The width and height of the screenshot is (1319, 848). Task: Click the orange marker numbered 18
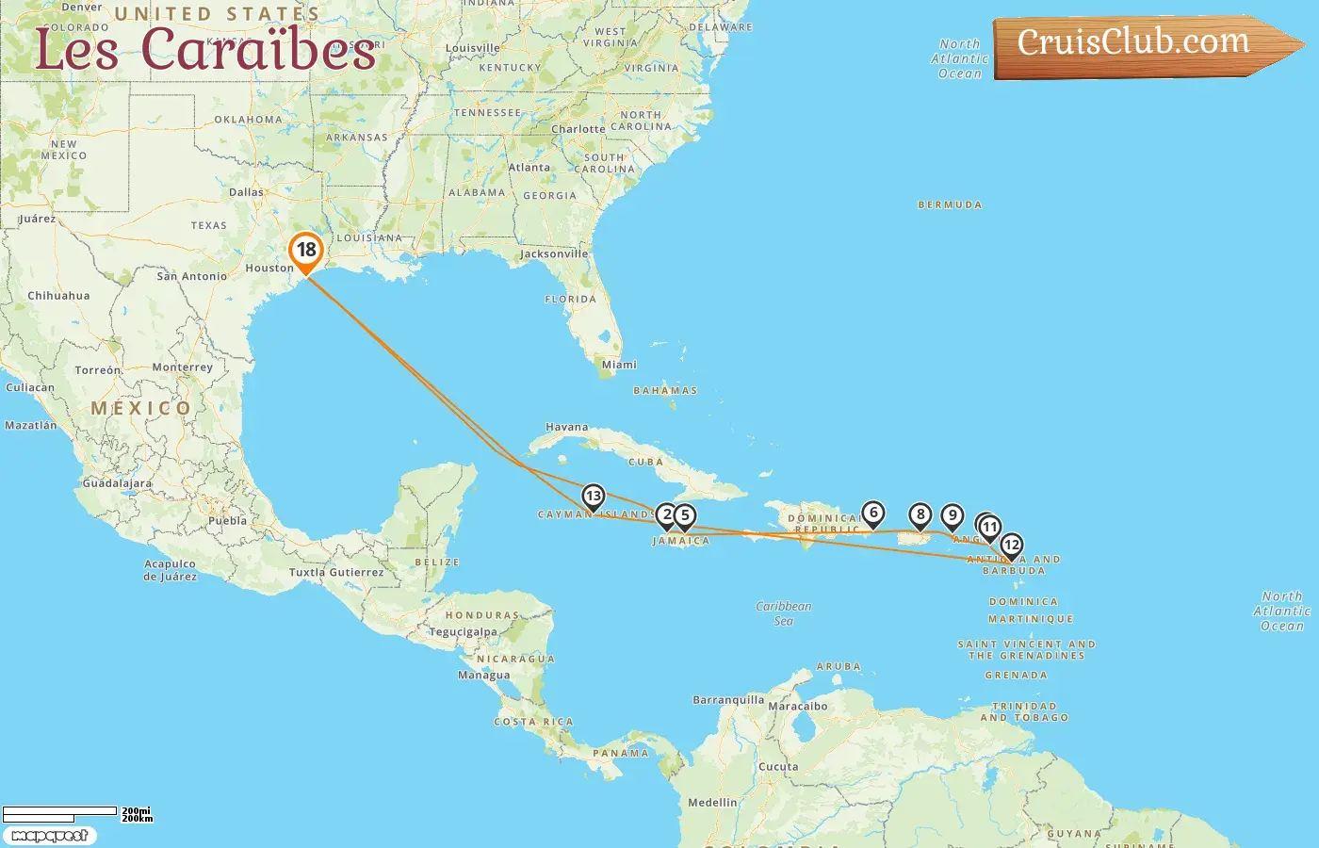coord(306,251)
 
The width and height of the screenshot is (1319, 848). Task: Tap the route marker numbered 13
coord(593,497)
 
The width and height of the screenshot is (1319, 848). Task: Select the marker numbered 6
coord(873,514)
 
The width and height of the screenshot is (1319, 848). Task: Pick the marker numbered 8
coord(920,515)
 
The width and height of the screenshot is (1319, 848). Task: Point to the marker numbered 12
coord(1011,546)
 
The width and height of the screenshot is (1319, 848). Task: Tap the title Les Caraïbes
coord(205,49)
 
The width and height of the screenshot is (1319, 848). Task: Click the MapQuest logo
coord(49,836)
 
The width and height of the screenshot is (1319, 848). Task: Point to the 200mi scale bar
coord(60,811)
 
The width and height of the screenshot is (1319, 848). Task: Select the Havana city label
coord(566,428)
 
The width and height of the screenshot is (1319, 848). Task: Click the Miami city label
coord(619,365)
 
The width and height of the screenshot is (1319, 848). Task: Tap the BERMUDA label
coord(950,204)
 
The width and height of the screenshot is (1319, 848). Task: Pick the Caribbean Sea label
coord(783,613)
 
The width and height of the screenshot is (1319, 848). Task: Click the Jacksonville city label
coord(554,254)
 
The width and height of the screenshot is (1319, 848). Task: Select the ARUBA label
coord(839,667)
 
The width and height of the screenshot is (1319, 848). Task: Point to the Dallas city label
coord(246,192)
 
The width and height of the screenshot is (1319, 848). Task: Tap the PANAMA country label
coord(621,754)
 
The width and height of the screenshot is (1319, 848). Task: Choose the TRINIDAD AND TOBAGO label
coord(1024,711)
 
